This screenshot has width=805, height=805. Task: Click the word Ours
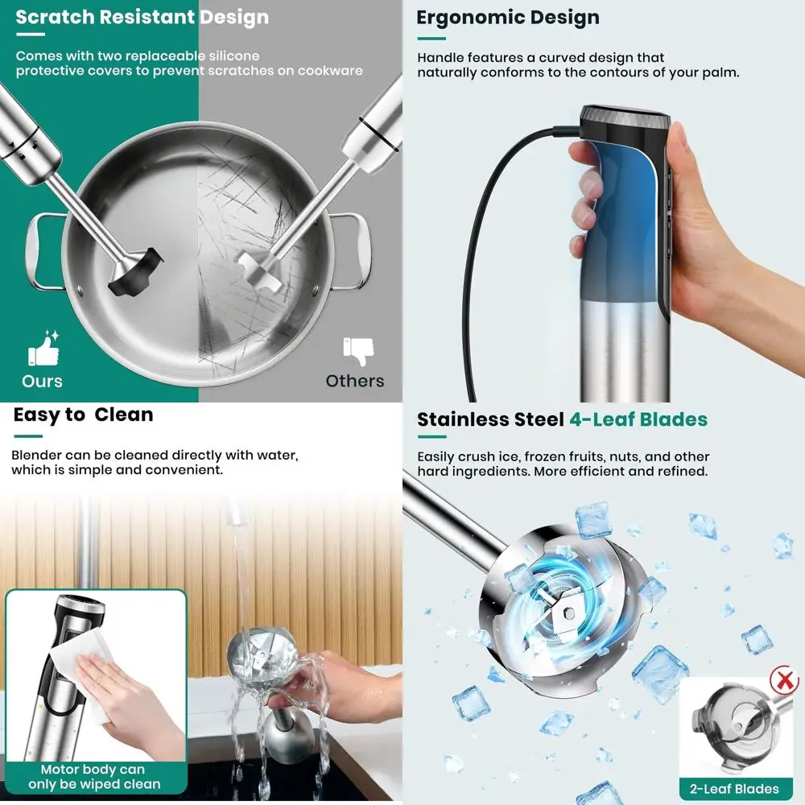(42, 380)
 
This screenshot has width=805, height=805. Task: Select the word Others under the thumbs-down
(355, 380)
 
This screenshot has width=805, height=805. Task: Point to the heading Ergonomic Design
(507, 18)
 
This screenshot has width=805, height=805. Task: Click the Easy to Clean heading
(83, 415)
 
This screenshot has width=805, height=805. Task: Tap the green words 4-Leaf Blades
(638, 419)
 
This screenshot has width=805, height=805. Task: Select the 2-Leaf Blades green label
(734, 788)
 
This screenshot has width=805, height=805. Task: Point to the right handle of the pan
(354, 250)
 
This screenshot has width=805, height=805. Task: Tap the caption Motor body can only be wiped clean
(94, 777)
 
